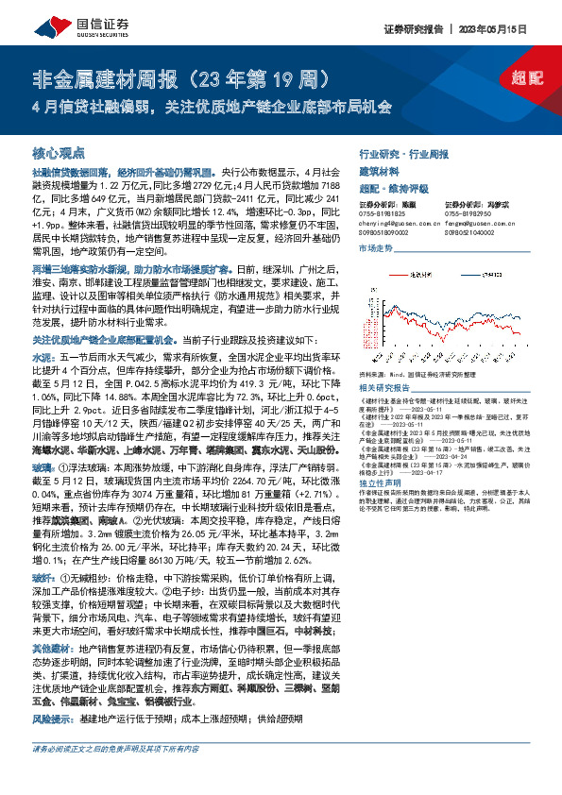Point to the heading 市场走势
377,246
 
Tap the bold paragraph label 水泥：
44,360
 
